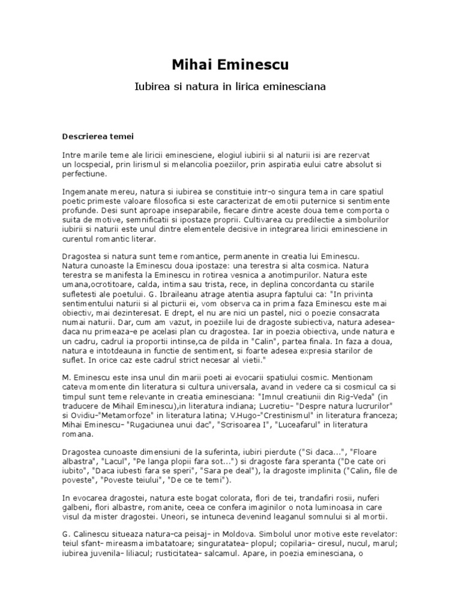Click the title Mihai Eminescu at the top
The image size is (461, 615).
(x=230, y=64)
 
